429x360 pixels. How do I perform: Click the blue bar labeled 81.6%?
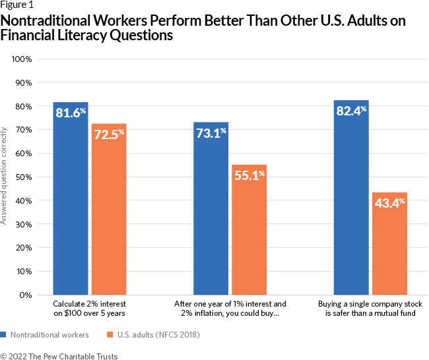[x=71, y=198]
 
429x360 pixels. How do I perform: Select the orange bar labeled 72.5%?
[x=109, y=208]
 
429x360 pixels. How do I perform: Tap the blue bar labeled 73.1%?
[x=211, y=208]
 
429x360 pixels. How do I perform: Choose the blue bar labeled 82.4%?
[x=351, y=197]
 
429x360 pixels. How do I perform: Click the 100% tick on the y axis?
[x=22, y=59]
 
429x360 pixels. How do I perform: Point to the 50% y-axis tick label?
[x=24, y=177]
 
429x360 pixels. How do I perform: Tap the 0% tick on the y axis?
[x=26, y=295]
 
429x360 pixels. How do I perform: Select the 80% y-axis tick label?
[x=24, y=106]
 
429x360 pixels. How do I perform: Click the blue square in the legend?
[x=3, y=334]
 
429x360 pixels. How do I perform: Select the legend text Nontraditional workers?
[x=50, y=334]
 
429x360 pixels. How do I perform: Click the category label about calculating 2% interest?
[x=90, y=309]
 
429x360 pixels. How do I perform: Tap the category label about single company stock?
[x=370, y=309]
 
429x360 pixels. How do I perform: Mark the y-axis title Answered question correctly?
[x=4, y=177]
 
